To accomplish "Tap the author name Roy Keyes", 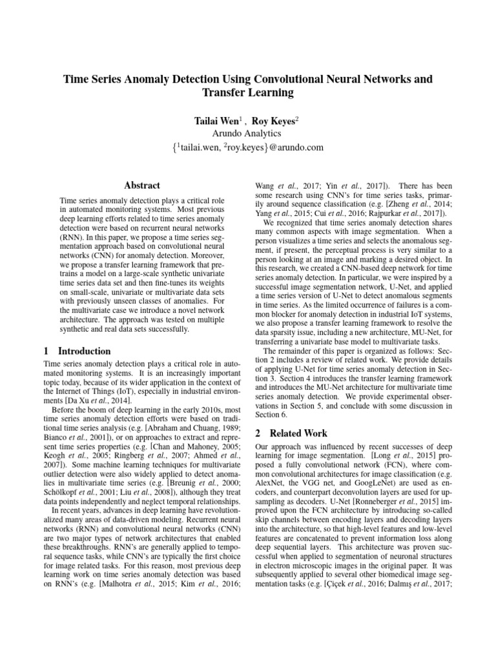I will click(274, 121).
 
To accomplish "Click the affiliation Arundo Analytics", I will click(249, 134).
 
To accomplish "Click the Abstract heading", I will click(142, 186).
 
